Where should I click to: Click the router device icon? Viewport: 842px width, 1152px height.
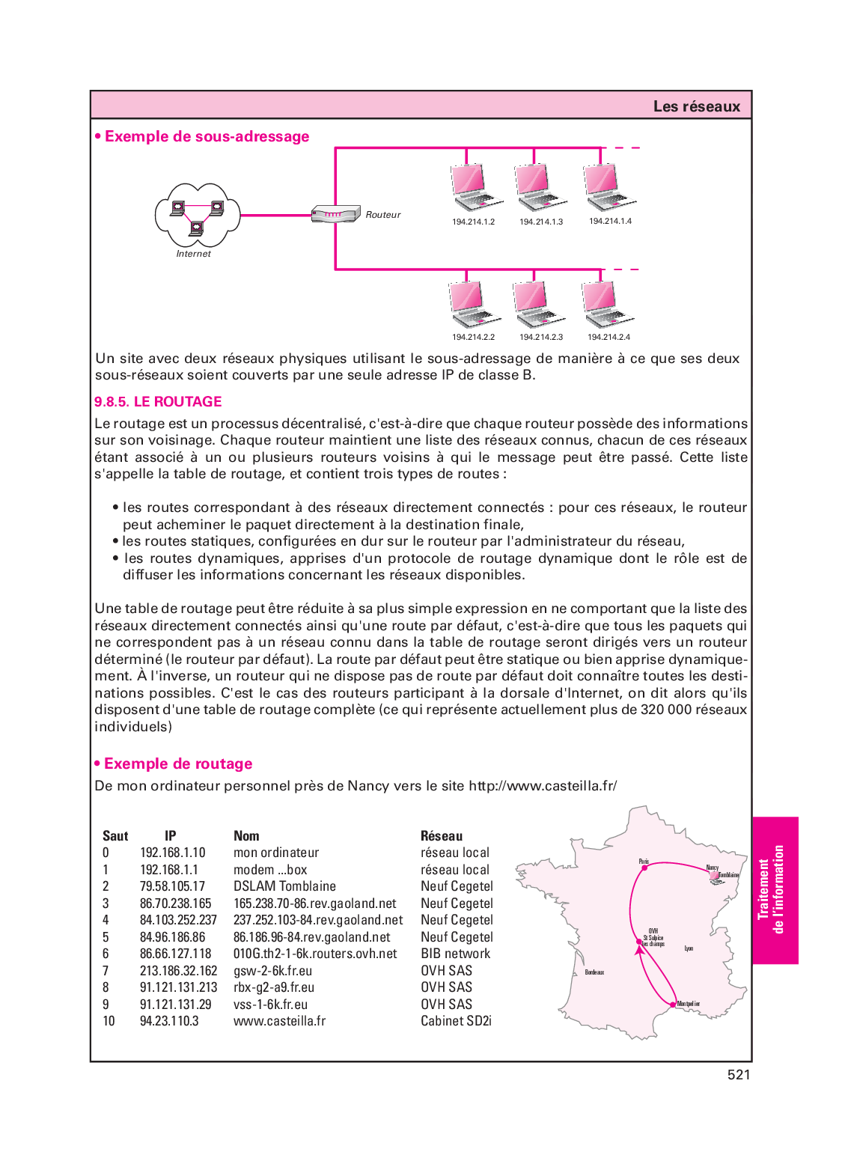tap(335, 214)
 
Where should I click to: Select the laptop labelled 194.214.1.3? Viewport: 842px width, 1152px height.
tap(540, 188)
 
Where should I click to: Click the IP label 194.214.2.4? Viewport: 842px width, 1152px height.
tap(608, 337)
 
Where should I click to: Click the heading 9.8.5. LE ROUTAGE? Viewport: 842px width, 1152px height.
tap(158, 401)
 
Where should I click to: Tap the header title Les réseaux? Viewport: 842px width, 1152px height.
tap(696, 106)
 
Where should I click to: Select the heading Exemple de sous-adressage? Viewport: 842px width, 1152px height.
tap(207, 136)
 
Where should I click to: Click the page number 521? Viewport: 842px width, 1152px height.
tap(738, 1075)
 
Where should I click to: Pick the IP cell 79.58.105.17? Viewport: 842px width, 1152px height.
tap(172, 886)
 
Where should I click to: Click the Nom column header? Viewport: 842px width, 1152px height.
tap(246, 836)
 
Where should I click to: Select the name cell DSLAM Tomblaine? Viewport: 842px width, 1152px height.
tap(284, 886)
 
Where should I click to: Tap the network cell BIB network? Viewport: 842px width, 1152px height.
tap(455, 954)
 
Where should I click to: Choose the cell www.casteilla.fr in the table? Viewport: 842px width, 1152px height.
tap(279, 1021)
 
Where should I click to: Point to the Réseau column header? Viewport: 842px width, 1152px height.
tap(442, 836)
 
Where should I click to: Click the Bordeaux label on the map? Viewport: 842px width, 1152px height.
tap(594, 972)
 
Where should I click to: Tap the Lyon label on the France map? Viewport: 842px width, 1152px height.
tap(689, 948)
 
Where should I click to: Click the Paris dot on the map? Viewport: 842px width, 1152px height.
tap(644, 868)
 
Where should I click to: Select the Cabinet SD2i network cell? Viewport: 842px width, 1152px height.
tap(456, 1021)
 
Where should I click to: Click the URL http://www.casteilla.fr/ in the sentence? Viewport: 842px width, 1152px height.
tap(543, 786)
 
